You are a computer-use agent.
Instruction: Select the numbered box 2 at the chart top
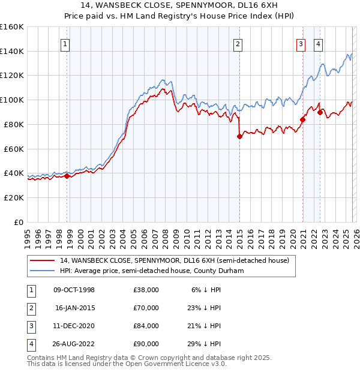(238, 44)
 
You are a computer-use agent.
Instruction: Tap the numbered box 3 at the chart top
(301, 44)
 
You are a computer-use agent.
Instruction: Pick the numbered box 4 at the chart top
(318, 44)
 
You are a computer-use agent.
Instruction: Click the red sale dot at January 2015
(239, 136)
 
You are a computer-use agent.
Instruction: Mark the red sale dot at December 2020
(302, 119)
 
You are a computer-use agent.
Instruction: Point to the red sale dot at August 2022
(320, 112)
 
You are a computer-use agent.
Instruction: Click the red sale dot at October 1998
(67, 176)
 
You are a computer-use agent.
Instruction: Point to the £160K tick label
(12, 27)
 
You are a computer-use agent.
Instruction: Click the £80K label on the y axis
(14, 124)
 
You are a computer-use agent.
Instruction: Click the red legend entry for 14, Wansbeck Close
(174, 260)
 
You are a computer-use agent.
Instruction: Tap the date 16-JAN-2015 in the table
(74, 308)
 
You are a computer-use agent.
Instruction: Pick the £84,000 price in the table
(146, 326)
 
